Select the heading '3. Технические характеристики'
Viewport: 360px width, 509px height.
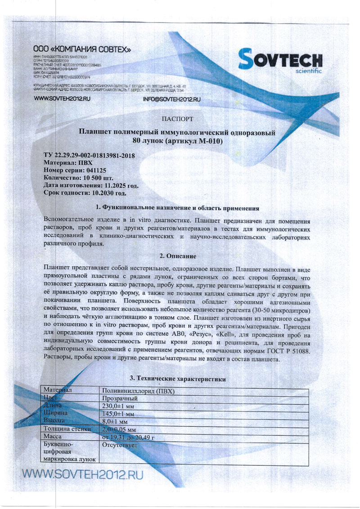[177, 380]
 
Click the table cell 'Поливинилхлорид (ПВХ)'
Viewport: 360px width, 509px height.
[138, 391]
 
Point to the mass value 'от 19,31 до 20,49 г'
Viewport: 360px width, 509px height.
[129, 437]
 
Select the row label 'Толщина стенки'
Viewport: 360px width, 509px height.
[67, 429]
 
